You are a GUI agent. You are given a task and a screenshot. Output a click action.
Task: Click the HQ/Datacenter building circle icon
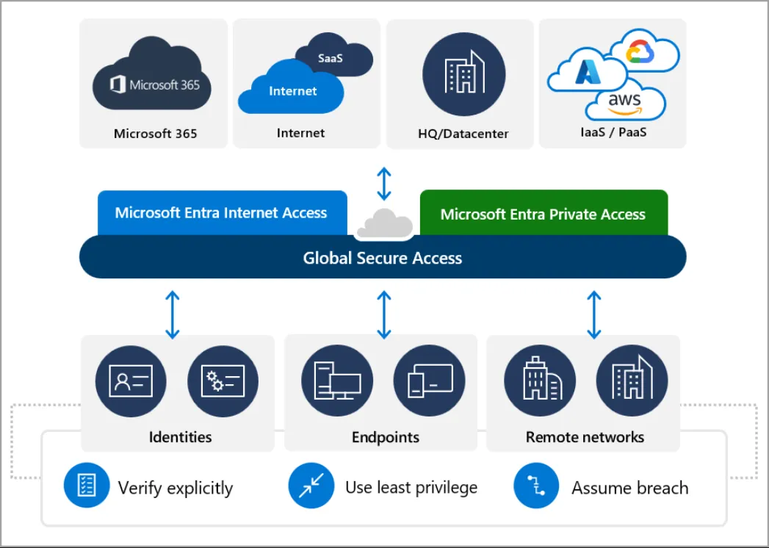(463, 74)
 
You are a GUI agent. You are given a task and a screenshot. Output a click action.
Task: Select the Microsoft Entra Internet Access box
(221, 213)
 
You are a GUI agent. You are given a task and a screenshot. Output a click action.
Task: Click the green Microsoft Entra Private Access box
(543, 214)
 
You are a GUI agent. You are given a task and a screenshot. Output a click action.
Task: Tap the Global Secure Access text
(383, 258)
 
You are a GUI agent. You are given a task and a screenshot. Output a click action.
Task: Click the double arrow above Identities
(173, 314)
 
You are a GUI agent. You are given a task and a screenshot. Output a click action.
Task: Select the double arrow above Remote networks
(593, 314)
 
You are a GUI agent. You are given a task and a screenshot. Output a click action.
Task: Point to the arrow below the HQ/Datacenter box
(384, 184)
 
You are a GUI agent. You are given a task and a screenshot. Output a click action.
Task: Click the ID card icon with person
(131, 381)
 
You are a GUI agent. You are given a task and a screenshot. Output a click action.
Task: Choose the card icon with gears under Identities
(223, 381)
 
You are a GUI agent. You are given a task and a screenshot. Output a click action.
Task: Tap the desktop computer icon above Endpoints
(337, 381)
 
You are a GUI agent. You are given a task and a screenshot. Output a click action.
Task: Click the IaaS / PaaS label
(613, 133)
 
